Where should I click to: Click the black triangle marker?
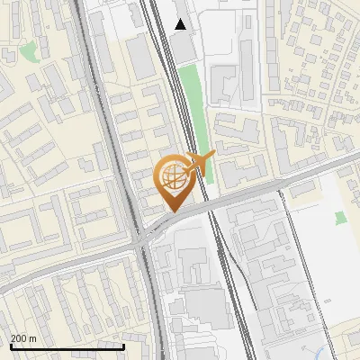181,24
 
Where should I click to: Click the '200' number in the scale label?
17,337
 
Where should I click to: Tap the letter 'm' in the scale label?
32,337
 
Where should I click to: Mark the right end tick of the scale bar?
123,346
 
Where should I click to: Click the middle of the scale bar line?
67,346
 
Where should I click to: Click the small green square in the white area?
339,218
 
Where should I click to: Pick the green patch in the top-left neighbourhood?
29,51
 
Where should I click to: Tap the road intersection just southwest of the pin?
143,239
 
